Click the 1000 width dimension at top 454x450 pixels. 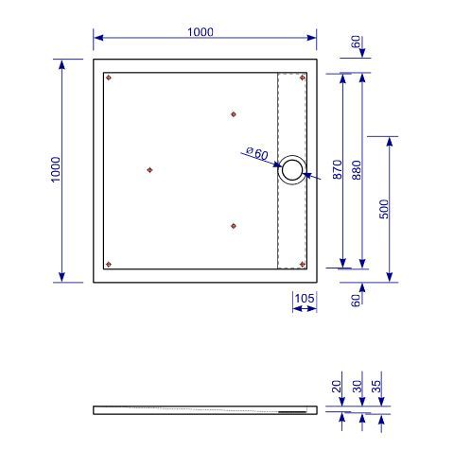(201, 32)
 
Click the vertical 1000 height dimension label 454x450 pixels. (56, 169)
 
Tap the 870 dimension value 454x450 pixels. (337, 169)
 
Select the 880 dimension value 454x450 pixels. (357, 170)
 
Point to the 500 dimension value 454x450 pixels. (384, 209)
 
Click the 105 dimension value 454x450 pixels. (305, 298)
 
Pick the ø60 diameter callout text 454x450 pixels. (257, 153)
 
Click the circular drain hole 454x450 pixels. (292, 170)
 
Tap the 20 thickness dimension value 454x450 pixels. (337, 386)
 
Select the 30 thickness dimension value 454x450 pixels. (357, 386)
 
